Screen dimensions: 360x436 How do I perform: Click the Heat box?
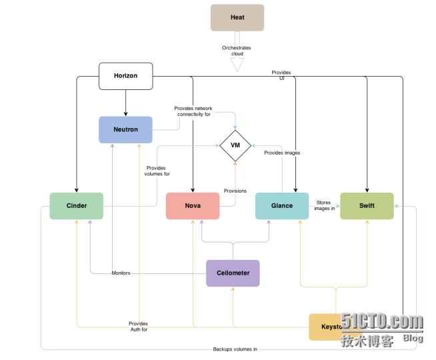click(237, 17)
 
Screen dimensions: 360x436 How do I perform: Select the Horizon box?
click(125, 76)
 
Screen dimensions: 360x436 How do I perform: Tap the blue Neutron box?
click(125, 129)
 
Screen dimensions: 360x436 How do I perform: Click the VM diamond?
click(235, 145)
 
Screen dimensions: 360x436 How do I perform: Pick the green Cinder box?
click(76, 205)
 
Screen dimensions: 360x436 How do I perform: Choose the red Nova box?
click(192, 205)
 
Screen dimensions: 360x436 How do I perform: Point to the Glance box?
click(282, 205)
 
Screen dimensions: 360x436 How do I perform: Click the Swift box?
click(367, 205)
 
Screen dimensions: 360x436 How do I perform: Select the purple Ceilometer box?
click(233, 273)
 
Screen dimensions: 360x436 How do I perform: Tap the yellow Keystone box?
click(327, 327)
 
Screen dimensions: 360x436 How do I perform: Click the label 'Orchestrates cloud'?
click(237, 51)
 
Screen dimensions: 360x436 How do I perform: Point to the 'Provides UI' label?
click(281, 75)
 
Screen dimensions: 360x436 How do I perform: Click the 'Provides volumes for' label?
click(157, 171)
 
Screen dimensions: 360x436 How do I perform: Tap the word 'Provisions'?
click(235, 191)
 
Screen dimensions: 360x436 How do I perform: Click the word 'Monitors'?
click(121, 273)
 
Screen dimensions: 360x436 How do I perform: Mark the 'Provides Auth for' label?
click(138, 326)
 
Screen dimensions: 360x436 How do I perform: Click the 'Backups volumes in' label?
click(235, 349)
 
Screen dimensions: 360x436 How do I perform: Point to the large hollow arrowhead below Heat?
click(237, 65)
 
